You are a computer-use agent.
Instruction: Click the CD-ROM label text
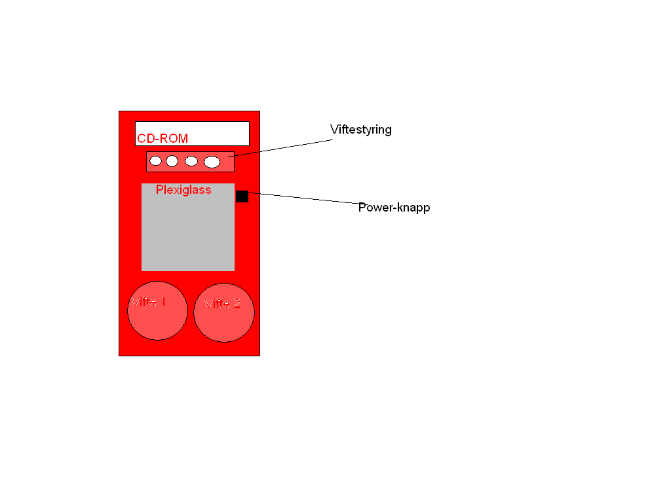(163, 139)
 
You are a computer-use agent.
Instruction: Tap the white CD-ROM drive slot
(192, 134)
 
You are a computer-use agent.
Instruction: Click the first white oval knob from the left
(155, 161)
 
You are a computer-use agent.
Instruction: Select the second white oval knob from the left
(172, 161)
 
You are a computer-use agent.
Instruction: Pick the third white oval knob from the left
(191, 161)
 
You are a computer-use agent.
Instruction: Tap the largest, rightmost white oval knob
(212, 162)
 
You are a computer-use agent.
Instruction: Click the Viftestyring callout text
(361, 130)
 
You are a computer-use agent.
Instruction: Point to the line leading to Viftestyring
(280, 148)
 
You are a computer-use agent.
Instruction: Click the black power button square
(242, 196)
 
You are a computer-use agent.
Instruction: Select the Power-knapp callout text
(394, 208)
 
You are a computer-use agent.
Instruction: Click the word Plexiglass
(183, 190)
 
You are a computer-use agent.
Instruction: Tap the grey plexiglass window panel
(188, 227)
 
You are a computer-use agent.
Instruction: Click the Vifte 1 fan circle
(157, 311)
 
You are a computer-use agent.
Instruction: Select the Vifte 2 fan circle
(224, 312)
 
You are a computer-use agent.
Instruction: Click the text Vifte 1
(149, 302)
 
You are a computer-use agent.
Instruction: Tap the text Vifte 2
(222, 304)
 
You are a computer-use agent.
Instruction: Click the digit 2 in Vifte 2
(237, 304)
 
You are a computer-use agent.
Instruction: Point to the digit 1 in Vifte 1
(163, 302)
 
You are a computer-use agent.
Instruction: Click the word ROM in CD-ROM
(174, 139)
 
